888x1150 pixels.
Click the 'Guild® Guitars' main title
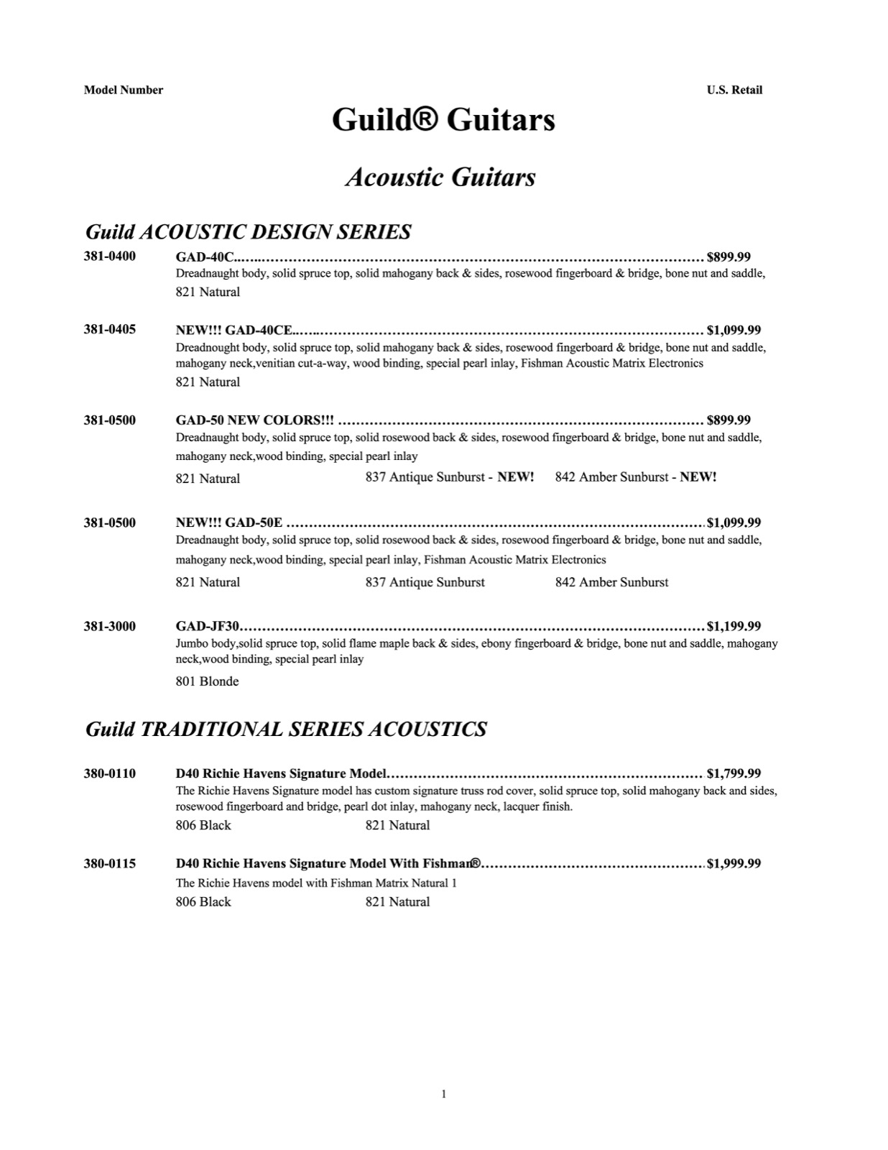(x=443, y=119)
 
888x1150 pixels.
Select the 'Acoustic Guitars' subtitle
(x=440, y=177)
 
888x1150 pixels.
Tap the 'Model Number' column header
(x=124, y=90)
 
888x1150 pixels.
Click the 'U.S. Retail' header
(x=734, y=90)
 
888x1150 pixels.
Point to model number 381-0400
(x=109, y=256)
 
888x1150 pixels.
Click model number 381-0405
(x=109, y=329)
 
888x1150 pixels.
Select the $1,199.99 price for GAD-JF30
(x=734, y=626)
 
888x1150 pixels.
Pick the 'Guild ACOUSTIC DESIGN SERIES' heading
(x=248, y=231)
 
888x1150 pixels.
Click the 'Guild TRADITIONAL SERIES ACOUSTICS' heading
(x=286, y=729)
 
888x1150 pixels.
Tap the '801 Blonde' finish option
(x=207, y=681)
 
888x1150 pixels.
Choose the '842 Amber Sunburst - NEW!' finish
(x=635, y=477)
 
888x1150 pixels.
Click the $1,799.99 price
(x=734, y=773)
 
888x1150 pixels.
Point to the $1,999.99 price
(x=734, y=863)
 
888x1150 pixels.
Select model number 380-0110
(x=109, y=773)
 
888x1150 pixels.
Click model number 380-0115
(x=109, y=863)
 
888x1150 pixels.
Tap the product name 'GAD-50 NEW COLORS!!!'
(x=254, y=420)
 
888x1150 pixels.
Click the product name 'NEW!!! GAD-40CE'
(x=234, y=330)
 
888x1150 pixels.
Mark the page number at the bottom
(x=443, y=1094)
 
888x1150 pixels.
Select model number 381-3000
(x=109, y=626)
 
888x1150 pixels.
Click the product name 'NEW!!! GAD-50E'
(x=229, y=523)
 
